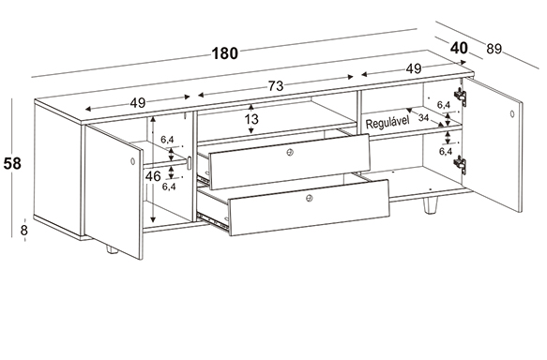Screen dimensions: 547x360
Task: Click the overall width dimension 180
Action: tap(224, 53)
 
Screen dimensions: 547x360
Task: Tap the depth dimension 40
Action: tap(459, 48)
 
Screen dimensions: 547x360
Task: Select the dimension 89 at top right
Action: tap(494, 49)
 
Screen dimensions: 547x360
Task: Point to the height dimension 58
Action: tap(12, 163)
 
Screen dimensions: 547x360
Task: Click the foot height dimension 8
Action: tap(24, 231)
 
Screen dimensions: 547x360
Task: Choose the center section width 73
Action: tap(276, 85)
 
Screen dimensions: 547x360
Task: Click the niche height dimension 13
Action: tap(251, 119)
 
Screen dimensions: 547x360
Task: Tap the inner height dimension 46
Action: tap(153, 176)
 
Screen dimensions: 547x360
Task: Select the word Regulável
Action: tap(387, 123)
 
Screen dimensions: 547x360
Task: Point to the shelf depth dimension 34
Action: tap(423, 117)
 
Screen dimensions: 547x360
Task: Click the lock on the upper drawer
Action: tap(290, 152)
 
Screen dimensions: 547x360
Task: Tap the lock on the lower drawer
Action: tap(309, 199)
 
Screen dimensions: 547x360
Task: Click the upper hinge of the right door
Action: tap(461, 96)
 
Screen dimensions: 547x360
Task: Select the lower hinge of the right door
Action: tap(461, 164)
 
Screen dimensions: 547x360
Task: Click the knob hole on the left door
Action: tap(132, 161)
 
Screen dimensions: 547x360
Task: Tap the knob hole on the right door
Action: tap(512, 113)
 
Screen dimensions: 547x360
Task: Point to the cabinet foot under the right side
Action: tap(430, 205)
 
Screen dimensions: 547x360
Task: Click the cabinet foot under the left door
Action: tap(112, 249)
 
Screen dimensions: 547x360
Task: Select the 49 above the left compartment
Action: tap(137, 103)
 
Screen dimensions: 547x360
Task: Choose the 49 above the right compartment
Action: tap(414, 69)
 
